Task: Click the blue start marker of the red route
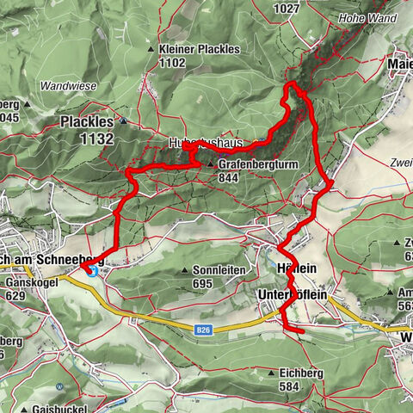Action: point(92,271)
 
